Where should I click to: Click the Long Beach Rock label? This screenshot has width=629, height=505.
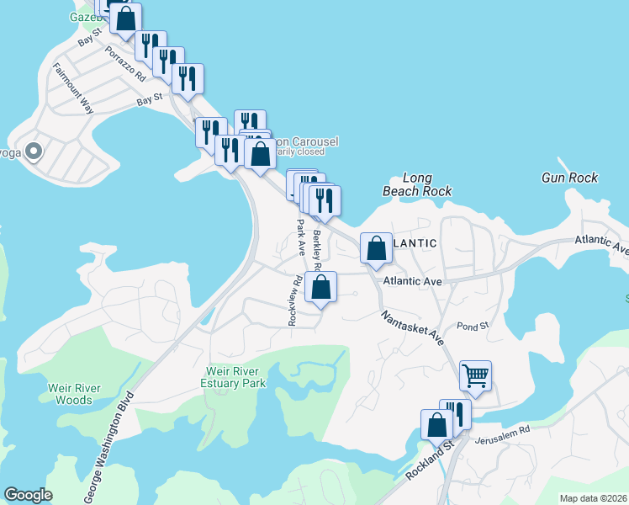[417, 184]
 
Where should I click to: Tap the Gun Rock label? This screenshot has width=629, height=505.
[569, 178]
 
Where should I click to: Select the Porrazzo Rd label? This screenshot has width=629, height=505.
[126, 63]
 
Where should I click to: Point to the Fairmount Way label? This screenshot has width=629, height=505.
[72, 88]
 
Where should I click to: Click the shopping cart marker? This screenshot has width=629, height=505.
[475, 375]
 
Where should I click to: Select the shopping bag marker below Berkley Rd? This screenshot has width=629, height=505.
[321, 287]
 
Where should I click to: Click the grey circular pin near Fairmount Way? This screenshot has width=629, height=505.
[34, 152]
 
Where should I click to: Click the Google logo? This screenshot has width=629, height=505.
[28, 495]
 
